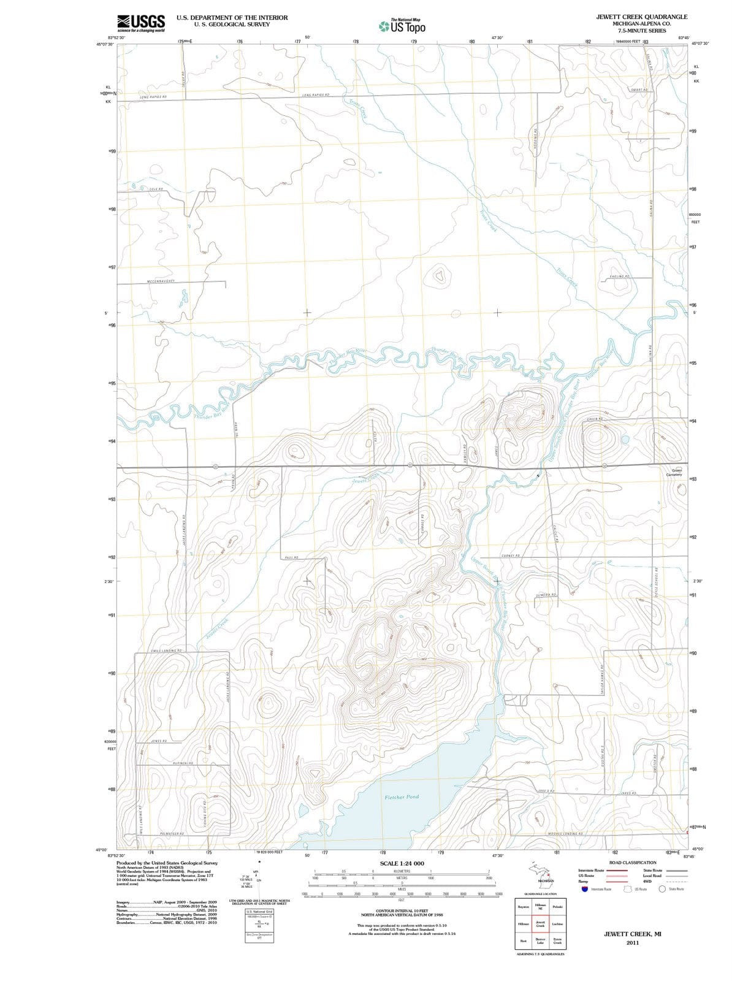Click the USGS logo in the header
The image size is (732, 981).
point(140,23)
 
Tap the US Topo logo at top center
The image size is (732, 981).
point(402,26)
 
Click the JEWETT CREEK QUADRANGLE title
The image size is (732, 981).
point(641,17)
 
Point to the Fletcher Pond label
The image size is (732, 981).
point(402,797)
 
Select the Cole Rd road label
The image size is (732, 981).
point(156,190)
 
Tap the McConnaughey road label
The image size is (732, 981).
point(161,281)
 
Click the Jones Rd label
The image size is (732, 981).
point(159,741)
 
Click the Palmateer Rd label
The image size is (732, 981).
point(172,834)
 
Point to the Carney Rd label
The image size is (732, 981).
point(511,555)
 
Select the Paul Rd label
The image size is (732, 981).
point(292,557)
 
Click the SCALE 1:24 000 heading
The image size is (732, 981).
point(402,863)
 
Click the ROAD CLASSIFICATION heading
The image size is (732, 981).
point(632,863)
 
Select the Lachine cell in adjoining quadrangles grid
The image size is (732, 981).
point(557,923)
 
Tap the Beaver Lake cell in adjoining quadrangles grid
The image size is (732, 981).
point(541,941)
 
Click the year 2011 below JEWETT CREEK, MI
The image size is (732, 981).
point(633,943)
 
